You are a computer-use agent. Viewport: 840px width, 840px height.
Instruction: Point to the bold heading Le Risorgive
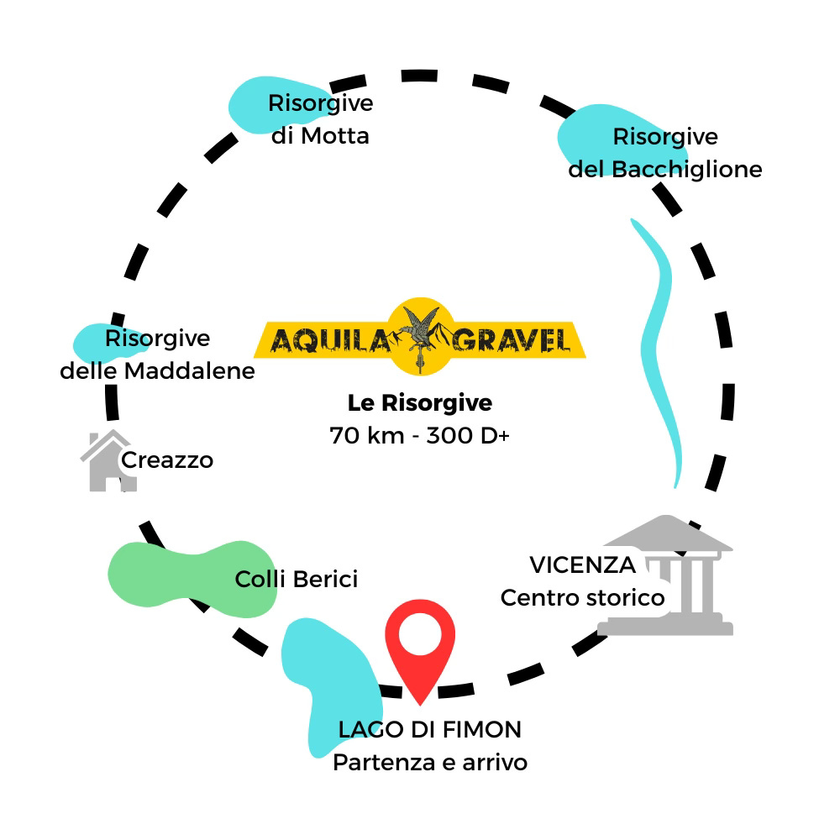tap(419, 403)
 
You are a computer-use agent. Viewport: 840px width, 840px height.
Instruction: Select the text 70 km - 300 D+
tap(419, 437)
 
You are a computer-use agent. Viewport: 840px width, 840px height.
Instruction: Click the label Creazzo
tap(167, 460)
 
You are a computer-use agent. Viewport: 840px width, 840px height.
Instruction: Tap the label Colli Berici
tap(297, 579)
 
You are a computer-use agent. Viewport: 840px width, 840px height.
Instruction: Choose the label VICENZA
tap(582, 564)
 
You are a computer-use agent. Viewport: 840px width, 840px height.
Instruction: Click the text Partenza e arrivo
tap(430, 763)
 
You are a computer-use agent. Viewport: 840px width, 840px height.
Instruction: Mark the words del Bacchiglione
tap(665, 169)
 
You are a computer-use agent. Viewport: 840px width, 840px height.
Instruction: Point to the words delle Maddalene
tap(157, 370)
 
